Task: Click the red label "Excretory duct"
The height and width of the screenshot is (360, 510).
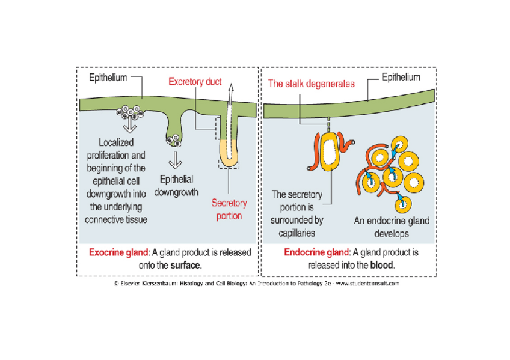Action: pos(195,82)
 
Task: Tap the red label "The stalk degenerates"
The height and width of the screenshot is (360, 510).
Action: pos(311,84)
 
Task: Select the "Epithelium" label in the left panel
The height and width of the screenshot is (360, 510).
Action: pos(108,78)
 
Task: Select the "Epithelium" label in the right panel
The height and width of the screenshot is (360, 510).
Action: pos(401,78)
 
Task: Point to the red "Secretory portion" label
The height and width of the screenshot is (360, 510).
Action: pos(229,210)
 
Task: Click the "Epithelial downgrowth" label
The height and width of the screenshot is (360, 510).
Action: pos(177,186)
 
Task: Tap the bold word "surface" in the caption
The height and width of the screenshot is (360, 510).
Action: pos(185,264)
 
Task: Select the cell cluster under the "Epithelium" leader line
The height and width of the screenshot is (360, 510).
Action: pos(131,112)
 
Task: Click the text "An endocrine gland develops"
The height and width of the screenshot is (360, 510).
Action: pos(392,227)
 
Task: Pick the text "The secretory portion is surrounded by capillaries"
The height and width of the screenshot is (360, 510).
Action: pos(297,213)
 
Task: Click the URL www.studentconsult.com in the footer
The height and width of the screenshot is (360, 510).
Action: pos(367,284)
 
